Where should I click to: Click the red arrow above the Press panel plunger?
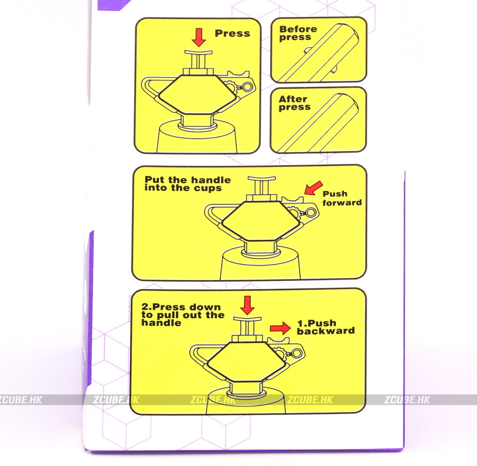click(199, 38)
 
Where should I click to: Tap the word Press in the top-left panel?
click(233, 33)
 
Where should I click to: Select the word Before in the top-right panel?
click(298, 29)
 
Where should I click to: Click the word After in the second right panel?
click(293, 99)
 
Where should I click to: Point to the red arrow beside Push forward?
click(313, 188)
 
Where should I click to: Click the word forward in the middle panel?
click(342, 203)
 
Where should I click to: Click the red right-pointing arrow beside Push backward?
click(280, 328)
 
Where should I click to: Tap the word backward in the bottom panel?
click(326, 331)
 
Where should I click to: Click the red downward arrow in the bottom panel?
click(248, 305)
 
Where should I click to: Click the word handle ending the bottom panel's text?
click(161, 323)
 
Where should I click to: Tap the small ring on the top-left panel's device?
click(248, 87)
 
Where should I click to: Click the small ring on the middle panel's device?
click(310, 213)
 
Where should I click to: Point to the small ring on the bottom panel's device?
click(297, 354)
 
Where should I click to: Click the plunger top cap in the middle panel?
click(262, 178)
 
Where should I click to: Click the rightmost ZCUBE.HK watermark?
click(407, 400)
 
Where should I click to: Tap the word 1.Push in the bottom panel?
click(317, 323)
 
